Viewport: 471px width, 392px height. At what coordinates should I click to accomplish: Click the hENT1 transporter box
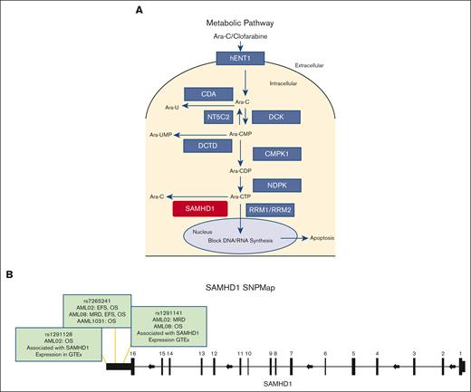238,59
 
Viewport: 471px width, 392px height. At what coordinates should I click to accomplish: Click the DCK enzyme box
281,116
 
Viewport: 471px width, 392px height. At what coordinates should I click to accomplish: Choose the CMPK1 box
281,154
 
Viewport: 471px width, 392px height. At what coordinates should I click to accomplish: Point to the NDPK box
281,186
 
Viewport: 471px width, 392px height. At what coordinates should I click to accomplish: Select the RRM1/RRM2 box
281,209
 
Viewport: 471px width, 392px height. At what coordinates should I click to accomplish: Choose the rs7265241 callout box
96,310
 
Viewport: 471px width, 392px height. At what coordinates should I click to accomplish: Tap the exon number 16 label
133,353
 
